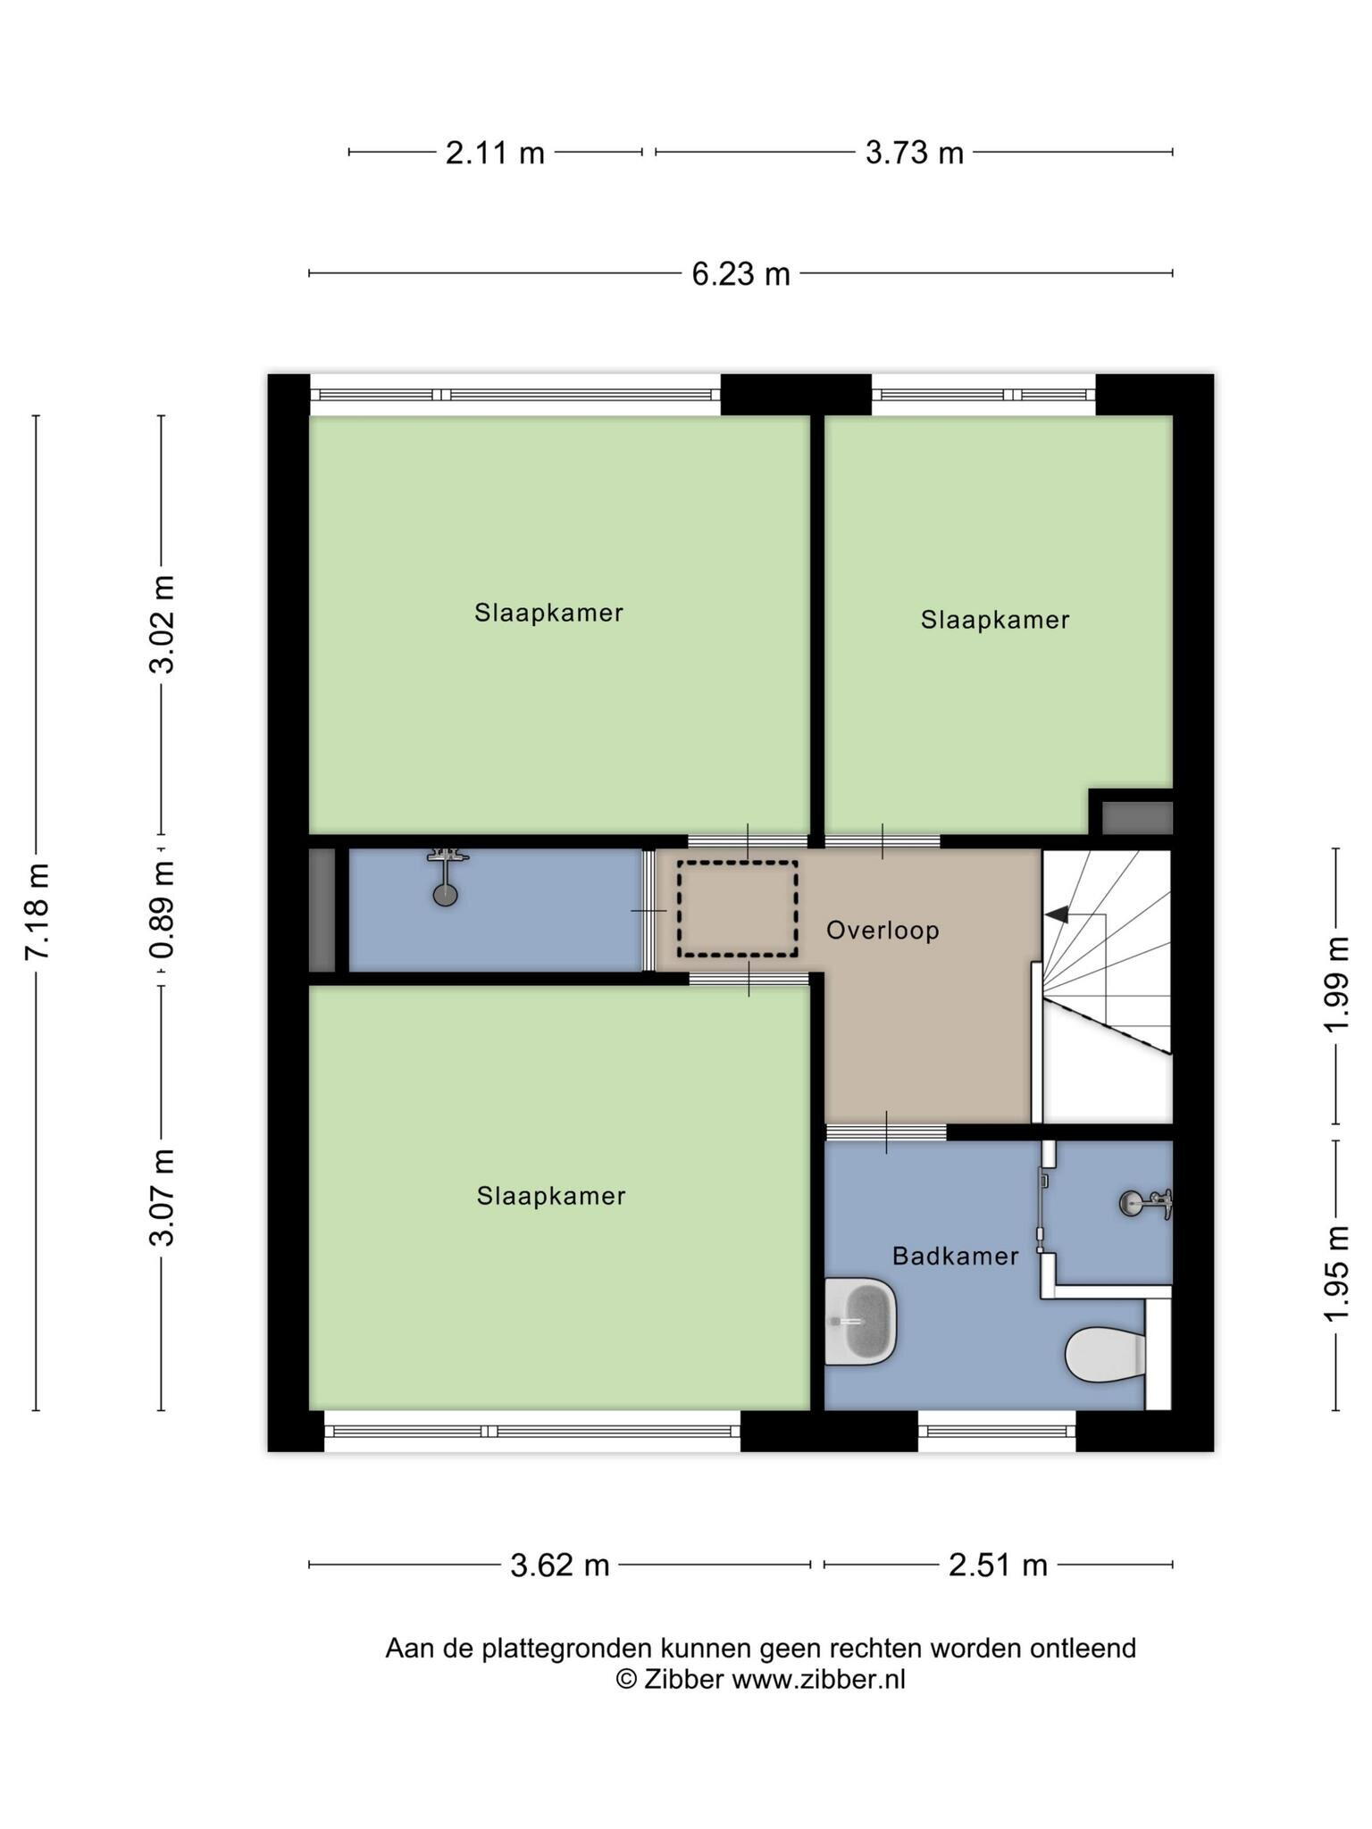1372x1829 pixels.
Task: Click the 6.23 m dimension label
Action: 740,273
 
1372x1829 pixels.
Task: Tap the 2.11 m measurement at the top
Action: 495,153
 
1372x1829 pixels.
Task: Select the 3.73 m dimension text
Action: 915,153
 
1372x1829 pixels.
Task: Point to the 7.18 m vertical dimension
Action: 38,912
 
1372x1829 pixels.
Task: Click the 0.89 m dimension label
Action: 163,910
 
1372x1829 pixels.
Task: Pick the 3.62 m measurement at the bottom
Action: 560,1565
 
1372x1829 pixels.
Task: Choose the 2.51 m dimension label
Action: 998,1565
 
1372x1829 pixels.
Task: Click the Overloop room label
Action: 883,931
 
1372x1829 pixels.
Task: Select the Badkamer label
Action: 956,1257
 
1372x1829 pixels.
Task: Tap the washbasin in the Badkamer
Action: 859,1321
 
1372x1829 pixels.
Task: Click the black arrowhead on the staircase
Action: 1057,914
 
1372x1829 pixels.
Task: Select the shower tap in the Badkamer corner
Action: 1146,1203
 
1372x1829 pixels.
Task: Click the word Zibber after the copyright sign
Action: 682,1680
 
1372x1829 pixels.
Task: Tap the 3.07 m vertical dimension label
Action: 163,1198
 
